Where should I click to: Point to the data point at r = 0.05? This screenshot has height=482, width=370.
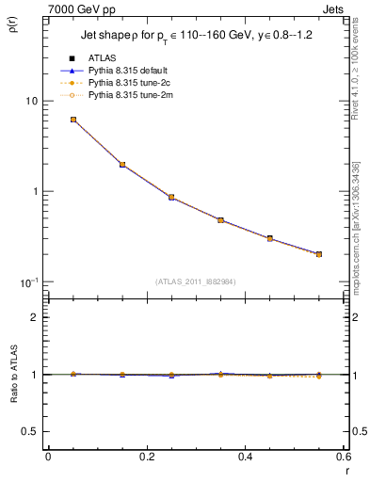pos(73,120)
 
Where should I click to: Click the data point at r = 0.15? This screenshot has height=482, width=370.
pos(122,165)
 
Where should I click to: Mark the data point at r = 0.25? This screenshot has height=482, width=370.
pos(171,198)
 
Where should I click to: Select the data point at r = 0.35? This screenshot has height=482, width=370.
pos(220,220)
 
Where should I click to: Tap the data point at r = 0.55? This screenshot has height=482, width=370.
pos(319,254)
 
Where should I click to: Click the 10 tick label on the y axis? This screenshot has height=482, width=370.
pos(31,101)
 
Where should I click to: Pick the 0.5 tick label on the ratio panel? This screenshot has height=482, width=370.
pos(30,431)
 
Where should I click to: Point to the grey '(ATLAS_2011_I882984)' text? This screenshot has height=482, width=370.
pos(196,281)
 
